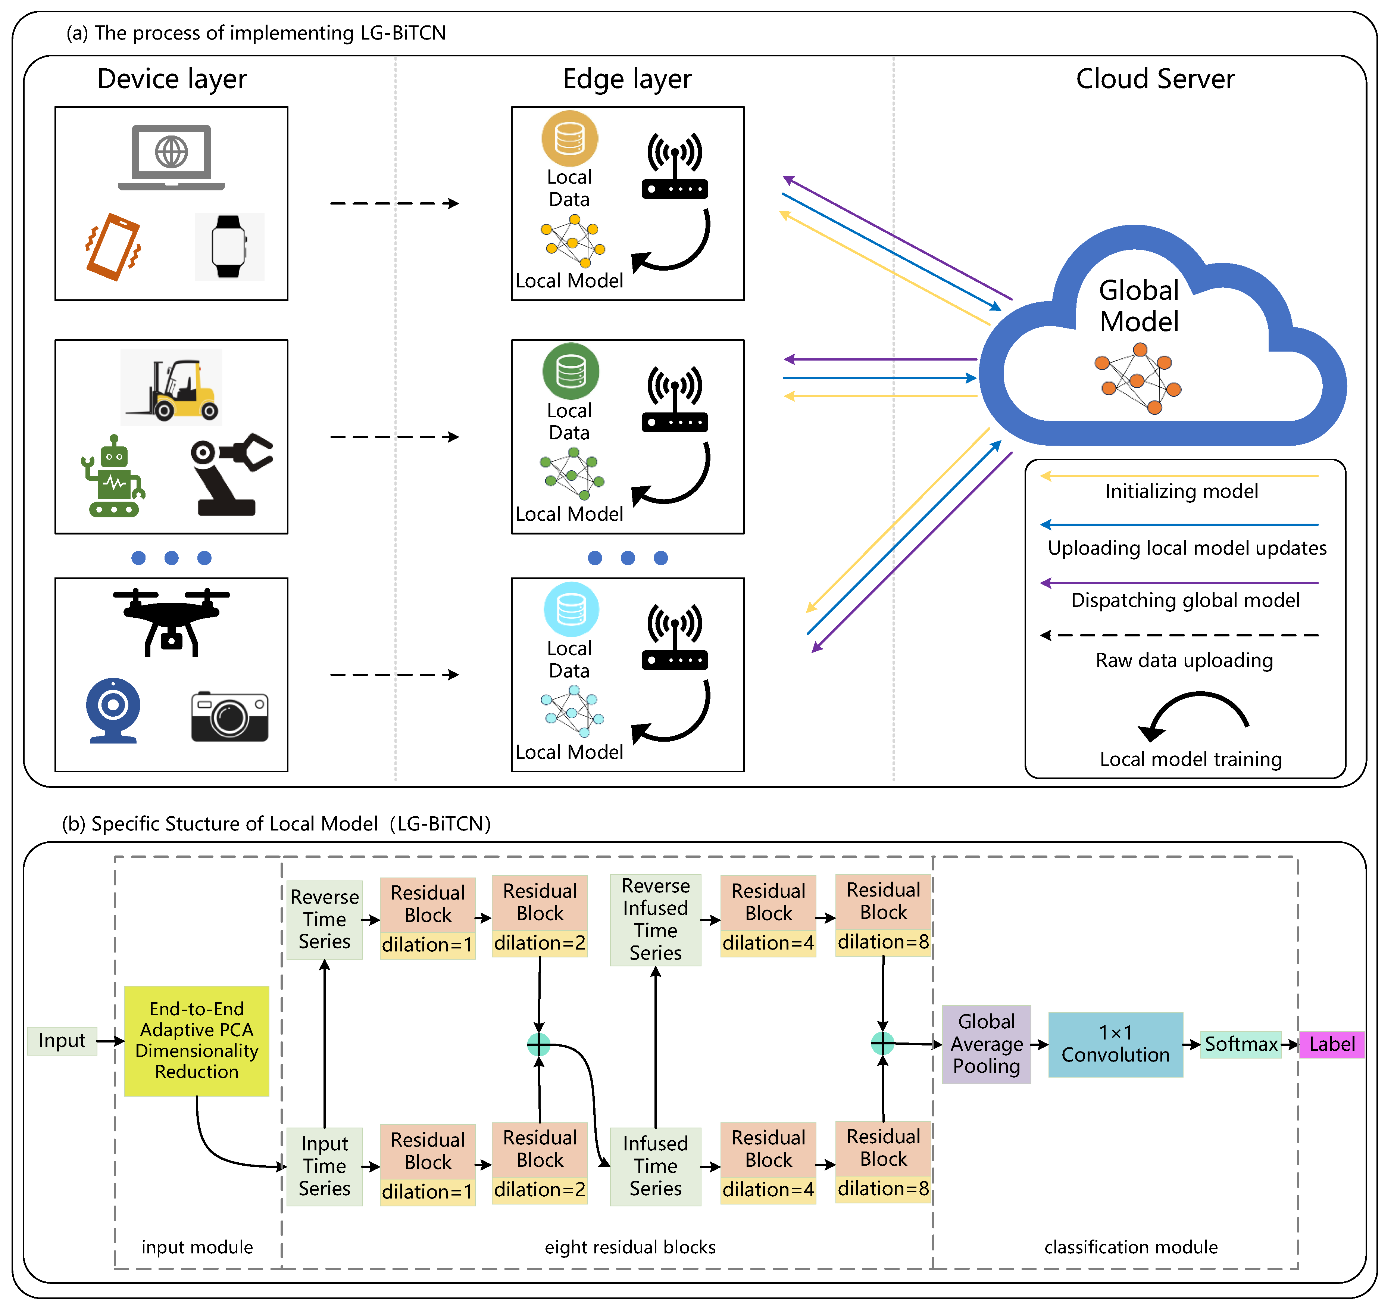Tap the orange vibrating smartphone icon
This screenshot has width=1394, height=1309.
pos(113,247)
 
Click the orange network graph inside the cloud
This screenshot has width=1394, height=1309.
pos(1137,379)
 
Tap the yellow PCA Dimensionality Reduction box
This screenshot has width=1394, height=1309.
pos(196,1040)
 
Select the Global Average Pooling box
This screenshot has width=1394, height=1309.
pos(986,1044)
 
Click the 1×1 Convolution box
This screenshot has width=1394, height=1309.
pos(1115,1044)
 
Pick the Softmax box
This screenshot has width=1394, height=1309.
pos(1240,1044)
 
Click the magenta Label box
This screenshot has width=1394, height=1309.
pos(1331,1044)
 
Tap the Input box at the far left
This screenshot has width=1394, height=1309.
pos(62,1040)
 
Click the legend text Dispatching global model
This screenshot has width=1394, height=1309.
pos(1185,601)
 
